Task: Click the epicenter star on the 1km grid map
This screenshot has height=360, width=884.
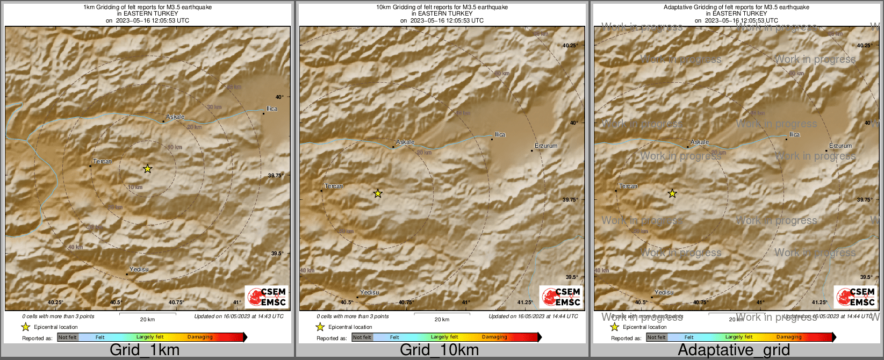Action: point(148,169)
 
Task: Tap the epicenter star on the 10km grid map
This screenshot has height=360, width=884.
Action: point(378,193)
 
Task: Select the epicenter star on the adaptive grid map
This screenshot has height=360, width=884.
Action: point(672,193)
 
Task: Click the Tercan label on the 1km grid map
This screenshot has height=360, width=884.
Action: point(103,161)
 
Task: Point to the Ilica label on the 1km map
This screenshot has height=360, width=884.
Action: point(272,109)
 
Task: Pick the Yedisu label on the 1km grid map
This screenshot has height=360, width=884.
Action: point(139,269)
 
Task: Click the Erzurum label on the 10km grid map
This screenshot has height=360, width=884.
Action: point(546,146)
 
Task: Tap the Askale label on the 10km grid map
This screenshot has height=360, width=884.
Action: point(405,142)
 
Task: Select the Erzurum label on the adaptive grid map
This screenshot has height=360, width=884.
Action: point(840,146)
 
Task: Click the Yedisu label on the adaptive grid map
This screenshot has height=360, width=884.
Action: point(664,292)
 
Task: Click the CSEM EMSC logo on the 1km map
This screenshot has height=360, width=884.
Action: point(267,297)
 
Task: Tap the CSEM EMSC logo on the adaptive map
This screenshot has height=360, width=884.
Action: point(856,297)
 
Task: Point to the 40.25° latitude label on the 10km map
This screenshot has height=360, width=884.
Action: point(570,46)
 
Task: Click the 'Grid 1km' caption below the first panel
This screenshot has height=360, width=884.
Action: point(145,350)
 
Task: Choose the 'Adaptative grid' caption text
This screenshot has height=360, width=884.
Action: point(734,350)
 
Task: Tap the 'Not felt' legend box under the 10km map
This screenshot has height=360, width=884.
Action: point(362,337)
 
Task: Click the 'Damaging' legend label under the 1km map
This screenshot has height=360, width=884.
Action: point(200,337)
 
